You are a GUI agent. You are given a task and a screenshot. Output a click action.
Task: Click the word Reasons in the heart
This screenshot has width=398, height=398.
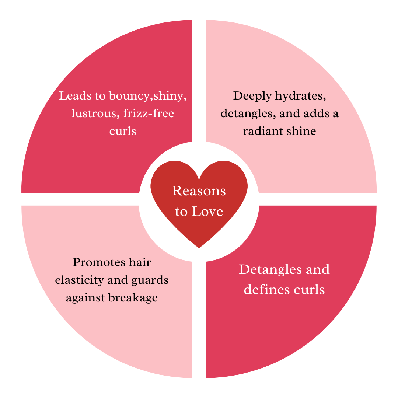tap(199, 191)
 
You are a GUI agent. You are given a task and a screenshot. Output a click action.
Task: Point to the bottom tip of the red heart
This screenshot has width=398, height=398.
tap(199, 247)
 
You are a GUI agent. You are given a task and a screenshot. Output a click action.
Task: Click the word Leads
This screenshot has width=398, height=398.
tap(74, 96)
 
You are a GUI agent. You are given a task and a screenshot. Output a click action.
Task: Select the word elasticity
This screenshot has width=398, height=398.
tap(78, 280)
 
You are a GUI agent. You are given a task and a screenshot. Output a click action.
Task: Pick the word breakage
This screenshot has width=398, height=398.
tap(133, 297)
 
